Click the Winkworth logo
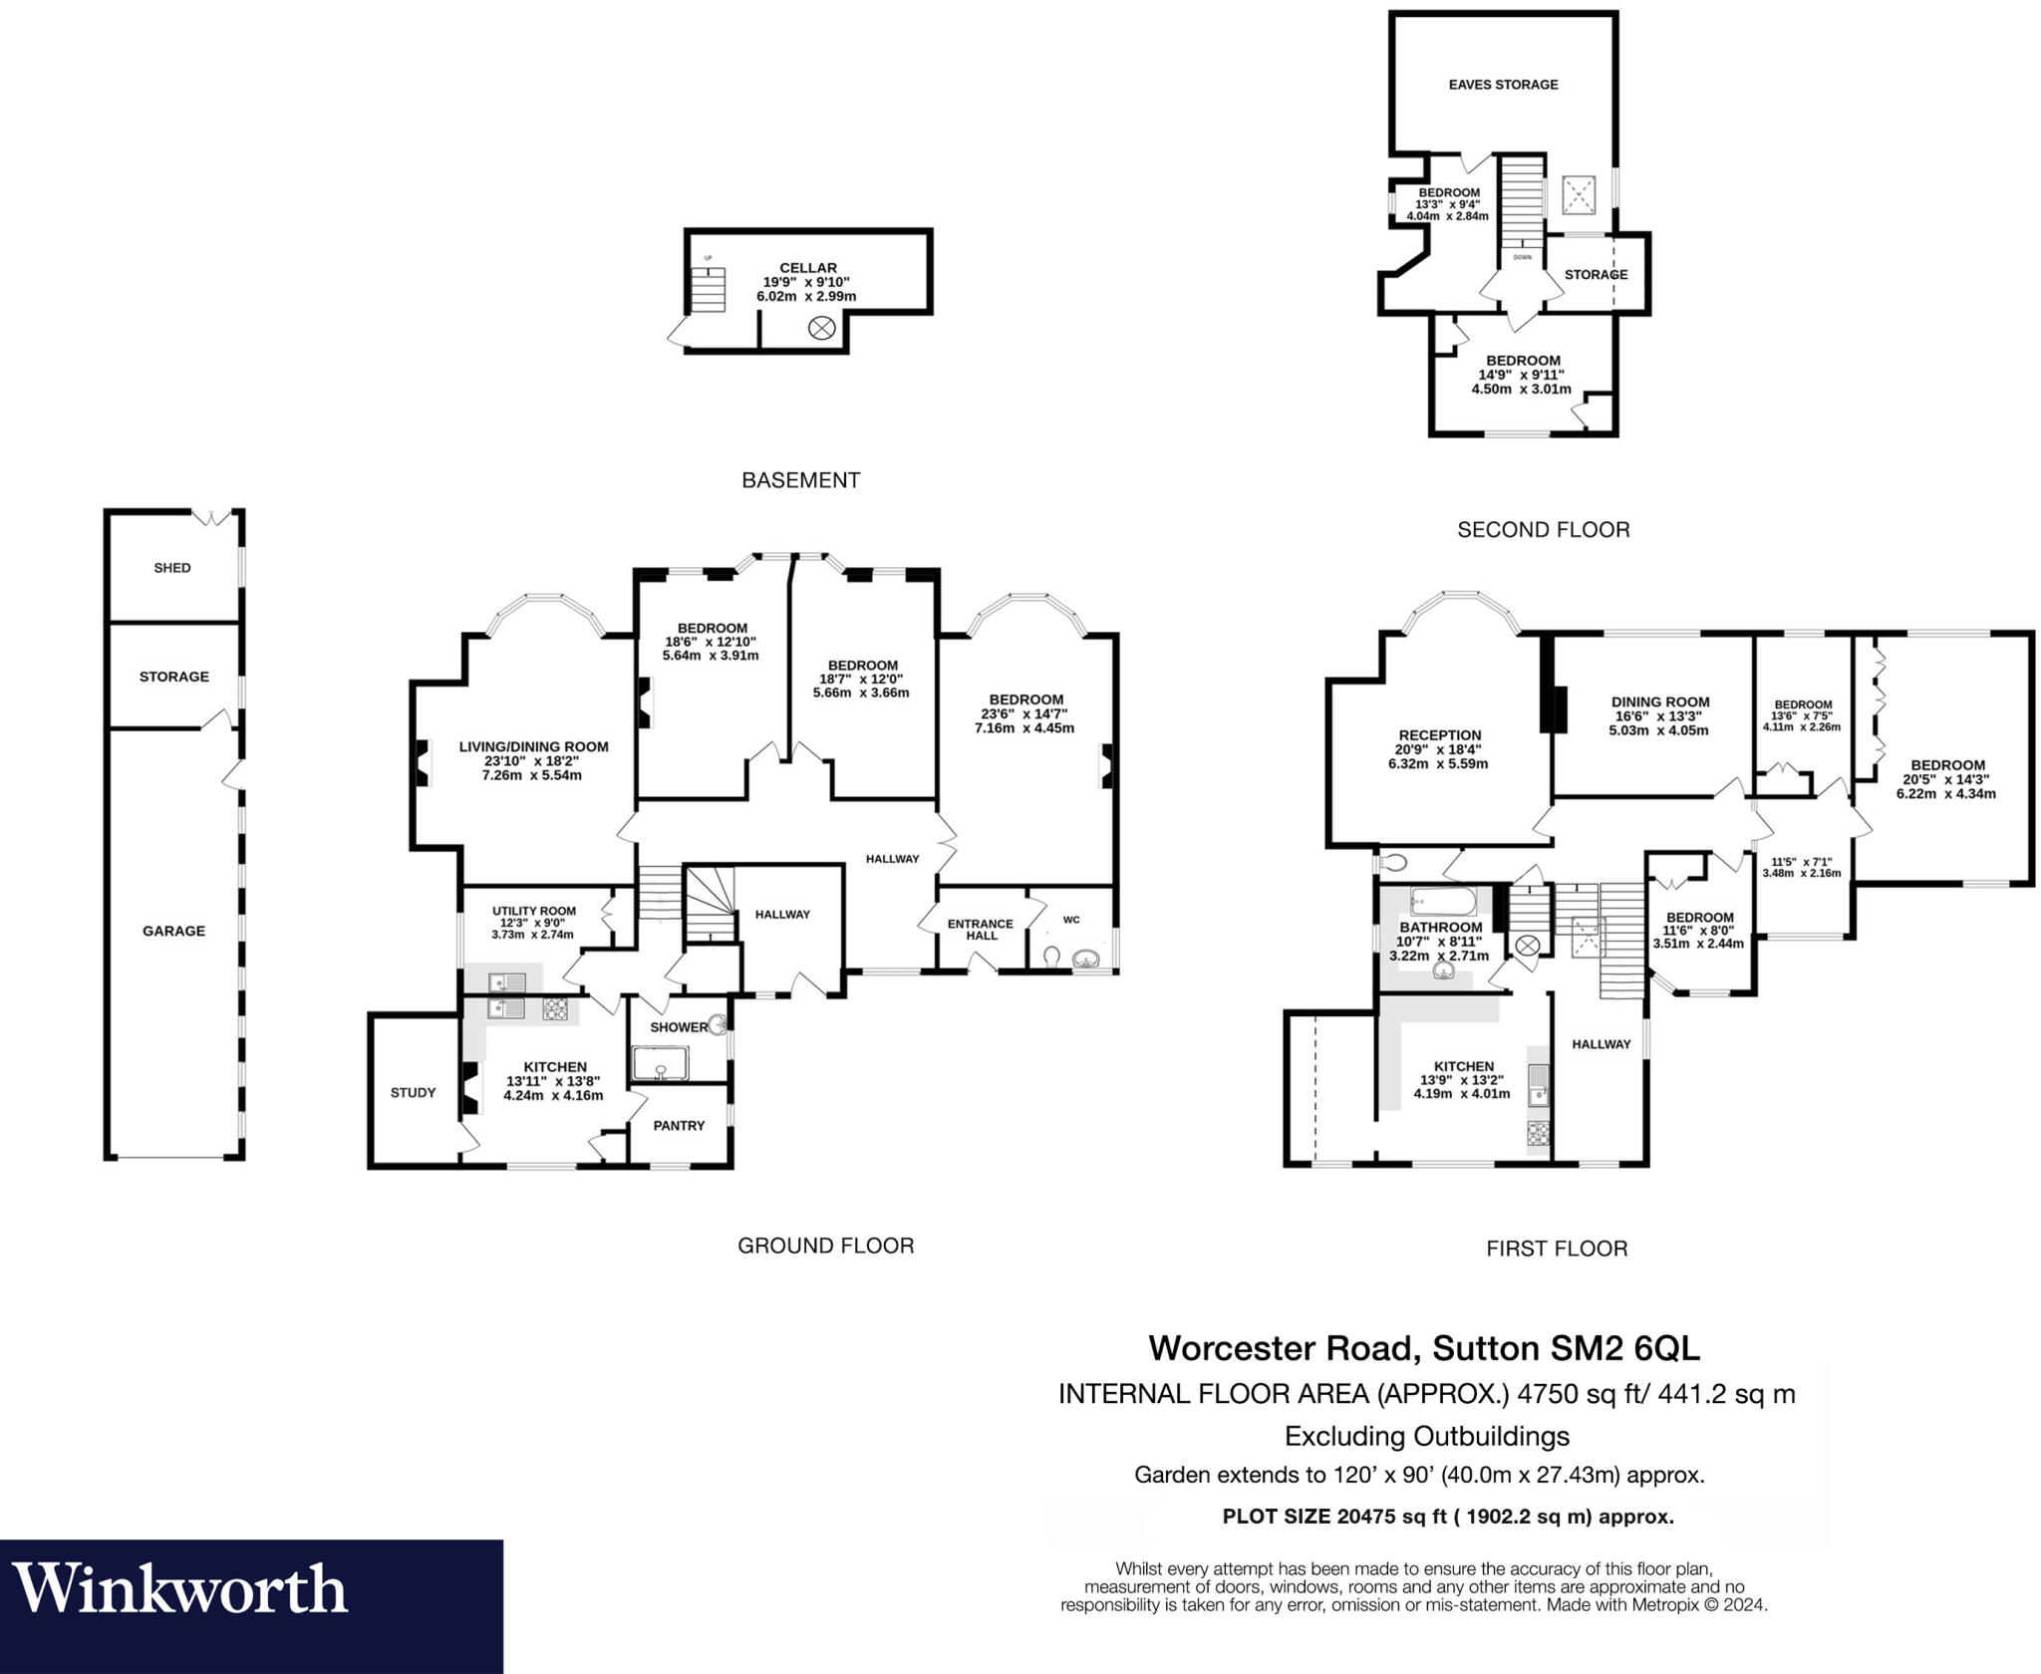(x=179, y=1588)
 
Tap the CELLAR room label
(x=807, y=267)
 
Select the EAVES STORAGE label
(x=1503, y=85)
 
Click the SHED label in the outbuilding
(x=172, y=568)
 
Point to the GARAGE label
(x=173, y=931)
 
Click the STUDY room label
(x=413, y=1092)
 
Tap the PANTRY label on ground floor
(x=679, y=1125)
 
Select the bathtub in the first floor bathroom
(x=1442, y=902)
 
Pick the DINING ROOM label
(x=1660, y=701)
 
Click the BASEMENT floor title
(x=800, y=480)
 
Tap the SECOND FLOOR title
(x=1543, y=530)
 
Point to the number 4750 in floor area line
(x=1548, y=1393)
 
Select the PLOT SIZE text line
(x=1447, y=1517)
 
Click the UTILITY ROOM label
(x=533, y=911)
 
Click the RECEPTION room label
(x=1439, y=735)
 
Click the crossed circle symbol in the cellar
(x=820, y=328)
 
